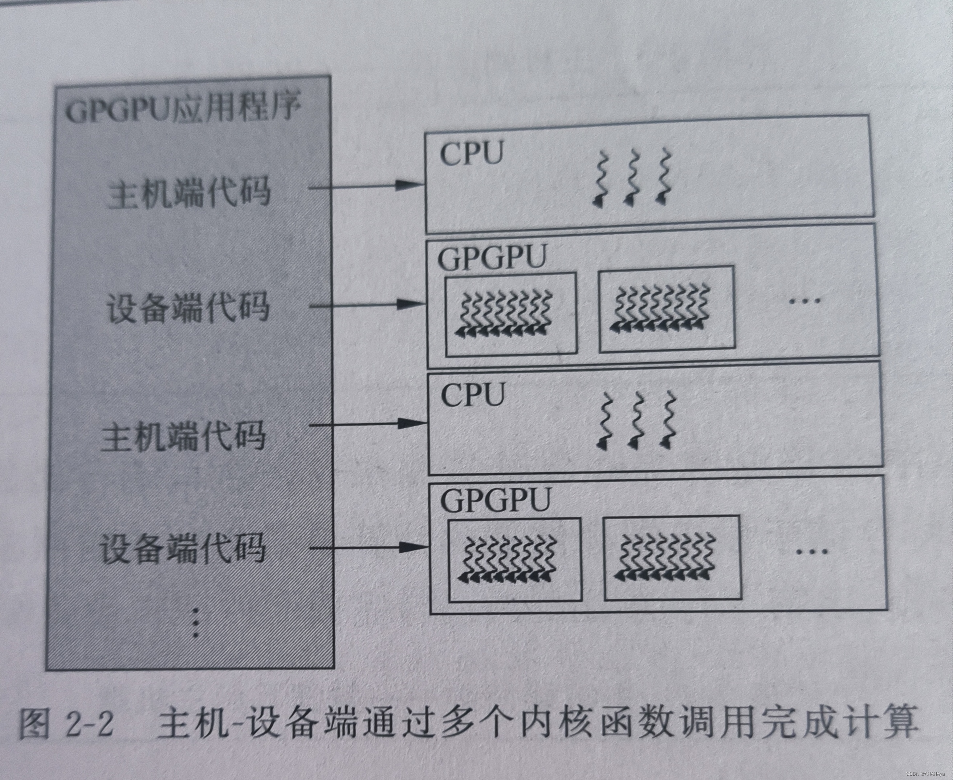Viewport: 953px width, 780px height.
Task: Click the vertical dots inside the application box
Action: point(195,623)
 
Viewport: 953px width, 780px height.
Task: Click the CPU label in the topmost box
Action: point(471,154)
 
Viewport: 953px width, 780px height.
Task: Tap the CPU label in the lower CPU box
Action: point(473,395)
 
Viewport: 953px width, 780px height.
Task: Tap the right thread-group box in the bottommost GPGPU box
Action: point(672,558)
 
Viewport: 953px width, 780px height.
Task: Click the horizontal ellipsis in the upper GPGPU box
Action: point(805,300)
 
